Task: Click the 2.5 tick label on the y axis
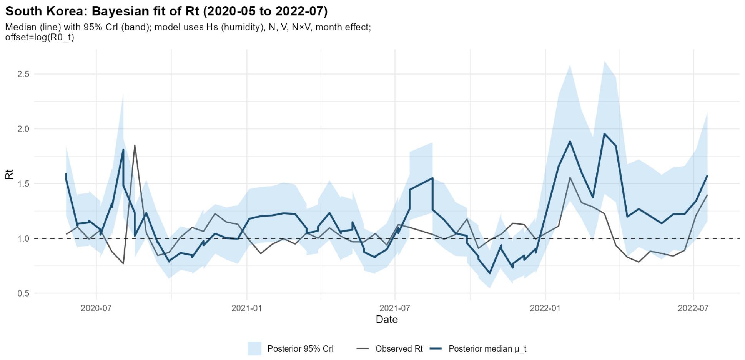[23, 74]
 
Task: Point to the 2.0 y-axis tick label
[23, 129]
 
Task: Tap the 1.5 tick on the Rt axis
[23, 184]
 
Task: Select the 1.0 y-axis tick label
[23, 238]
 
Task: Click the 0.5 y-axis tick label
[23, 293]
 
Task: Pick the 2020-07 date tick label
[96, 308]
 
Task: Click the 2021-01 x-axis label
[247, 308]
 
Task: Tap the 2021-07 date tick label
[395, 308]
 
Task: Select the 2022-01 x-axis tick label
[545, 308]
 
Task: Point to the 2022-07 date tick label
[693, 308]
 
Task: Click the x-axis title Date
[387, 320]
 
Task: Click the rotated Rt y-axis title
[9, 174]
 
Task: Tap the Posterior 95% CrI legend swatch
[254, 348]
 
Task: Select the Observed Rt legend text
[399, 349]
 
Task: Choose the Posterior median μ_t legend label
[487, 349]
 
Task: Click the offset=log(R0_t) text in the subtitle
[40, 37]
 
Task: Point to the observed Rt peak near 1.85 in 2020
[135, 145]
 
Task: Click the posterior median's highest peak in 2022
[605, 134]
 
